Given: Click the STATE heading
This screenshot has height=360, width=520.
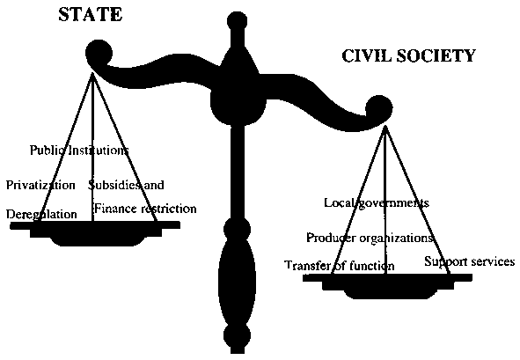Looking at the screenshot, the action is (x=91, y=15).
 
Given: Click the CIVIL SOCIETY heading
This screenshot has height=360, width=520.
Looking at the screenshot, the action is (x=408, y=55).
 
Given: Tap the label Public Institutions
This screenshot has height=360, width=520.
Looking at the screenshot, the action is (x=79, y=151).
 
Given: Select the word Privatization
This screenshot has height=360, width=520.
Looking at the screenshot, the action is (x=40, y=185).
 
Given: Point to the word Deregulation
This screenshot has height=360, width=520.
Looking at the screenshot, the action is (x=41, y=215).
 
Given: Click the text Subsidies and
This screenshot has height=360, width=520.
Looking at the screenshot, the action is (x=126, y=185).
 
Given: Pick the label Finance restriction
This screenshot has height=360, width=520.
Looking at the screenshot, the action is (x=145, y=209).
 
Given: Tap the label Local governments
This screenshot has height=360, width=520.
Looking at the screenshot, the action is (x=377, y=203).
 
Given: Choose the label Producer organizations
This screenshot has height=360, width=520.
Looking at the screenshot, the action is (x=370, y=238).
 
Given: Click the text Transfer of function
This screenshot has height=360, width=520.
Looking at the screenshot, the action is (x=340, y=266).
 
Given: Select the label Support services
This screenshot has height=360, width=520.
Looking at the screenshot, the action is (x=470, y=261).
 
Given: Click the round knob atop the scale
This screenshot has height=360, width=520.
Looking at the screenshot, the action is (x=237, y=22).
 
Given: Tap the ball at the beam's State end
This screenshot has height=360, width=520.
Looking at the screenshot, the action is (x=99, y=53).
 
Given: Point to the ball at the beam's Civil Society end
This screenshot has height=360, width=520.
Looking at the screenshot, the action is (x=379, y=108).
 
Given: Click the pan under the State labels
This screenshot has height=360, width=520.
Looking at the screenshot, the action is (x=95, y=232).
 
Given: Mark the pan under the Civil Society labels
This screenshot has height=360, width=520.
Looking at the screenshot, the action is (x=387, y=285).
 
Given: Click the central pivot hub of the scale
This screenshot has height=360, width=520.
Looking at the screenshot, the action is (x=238, y=103).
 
